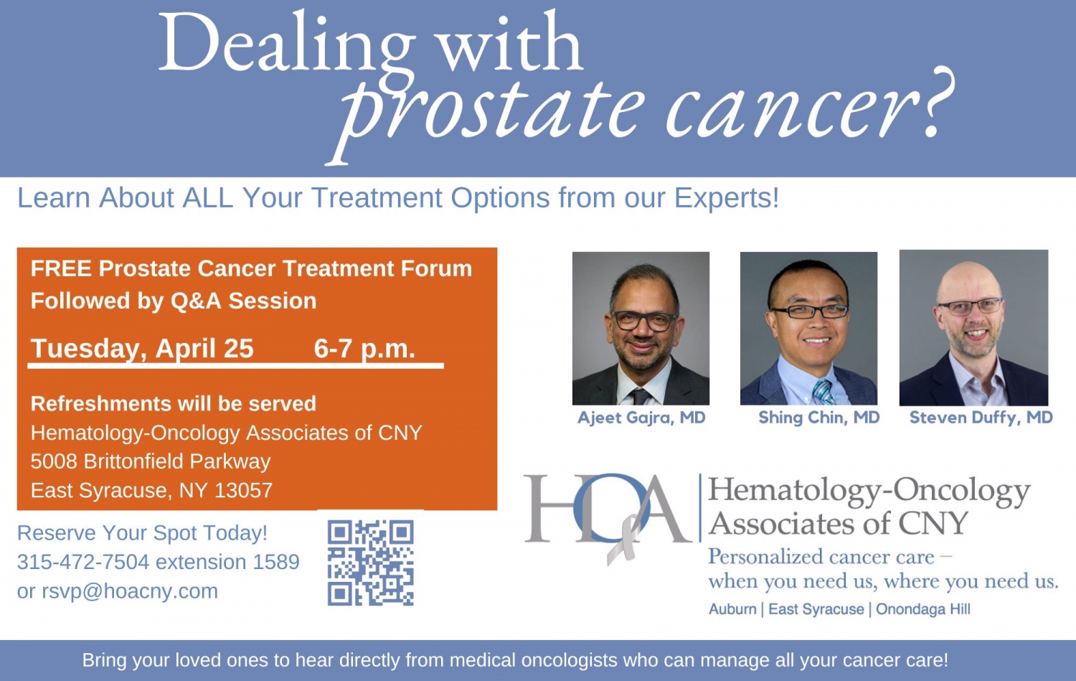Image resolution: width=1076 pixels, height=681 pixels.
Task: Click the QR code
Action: pos(370,563)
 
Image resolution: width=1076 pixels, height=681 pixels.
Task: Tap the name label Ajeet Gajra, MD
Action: pos(641,418)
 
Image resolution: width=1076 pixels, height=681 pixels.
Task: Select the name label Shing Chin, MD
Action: pos(818,418)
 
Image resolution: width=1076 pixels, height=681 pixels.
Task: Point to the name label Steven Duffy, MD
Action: pos(981,418)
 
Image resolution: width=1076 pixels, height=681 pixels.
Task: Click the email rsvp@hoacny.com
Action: pos(129,591)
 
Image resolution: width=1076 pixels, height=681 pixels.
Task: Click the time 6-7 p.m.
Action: pos(364,349)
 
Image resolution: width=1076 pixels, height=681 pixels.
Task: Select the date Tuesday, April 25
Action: pos(142,349)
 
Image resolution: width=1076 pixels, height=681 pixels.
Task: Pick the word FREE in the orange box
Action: pos(61,268)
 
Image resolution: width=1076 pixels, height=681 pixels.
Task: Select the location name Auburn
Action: pos(732,609)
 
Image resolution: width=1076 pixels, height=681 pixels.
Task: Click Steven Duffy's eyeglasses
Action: pos(971,306)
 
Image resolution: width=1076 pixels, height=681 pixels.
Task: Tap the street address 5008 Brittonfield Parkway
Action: pos(151,461)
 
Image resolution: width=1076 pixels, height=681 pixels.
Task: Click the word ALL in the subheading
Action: pos(207,198)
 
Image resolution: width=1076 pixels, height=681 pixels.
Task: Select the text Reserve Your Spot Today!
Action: pos(142,533)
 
